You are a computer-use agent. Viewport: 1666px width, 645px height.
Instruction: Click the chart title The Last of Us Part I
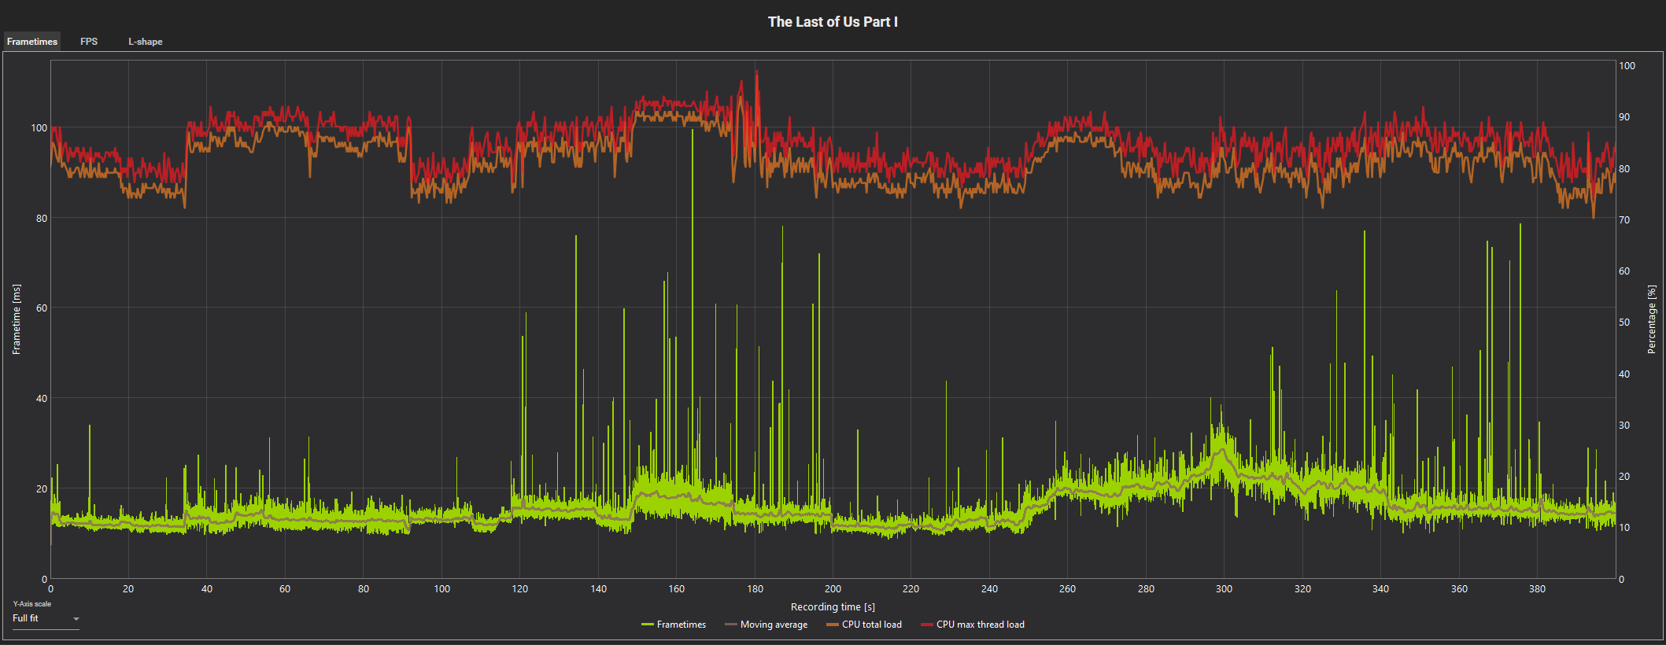tap(833, 22)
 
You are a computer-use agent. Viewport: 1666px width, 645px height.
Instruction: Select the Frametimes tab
tap(32, 42)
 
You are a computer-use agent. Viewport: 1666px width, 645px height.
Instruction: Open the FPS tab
tap(89, 42)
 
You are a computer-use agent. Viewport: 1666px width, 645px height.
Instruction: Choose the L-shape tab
tap(146, 42)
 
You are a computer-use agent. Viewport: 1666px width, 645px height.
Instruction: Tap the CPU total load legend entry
tap(864, 625)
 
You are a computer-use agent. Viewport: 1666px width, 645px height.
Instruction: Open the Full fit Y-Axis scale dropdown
tap(46, 619)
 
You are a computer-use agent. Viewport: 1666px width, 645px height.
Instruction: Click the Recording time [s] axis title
tap(833, 606)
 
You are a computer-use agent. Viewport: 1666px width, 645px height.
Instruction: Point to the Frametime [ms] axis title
tap(17, 319)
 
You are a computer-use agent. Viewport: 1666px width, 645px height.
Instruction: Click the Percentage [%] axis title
tap(1652, 319)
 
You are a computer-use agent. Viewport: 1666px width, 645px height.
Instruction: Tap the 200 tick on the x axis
tap(833, 588)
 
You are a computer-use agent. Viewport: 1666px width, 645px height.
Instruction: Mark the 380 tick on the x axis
tap(1537, 588)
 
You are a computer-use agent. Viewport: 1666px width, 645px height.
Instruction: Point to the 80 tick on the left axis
tap(41, 219)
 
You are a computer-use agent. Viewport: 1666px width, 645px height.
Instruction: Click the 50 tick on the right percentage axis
tap(1624, 322)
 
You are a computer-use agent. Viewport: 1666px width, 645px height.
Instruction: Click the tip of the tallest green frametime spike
tap(693, 130)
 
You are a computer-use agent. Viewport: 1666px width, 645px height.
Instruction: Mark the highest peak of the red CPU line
tap(757, 72)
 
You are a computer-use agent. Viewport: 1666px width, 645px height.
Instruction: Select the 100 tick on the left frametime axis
tap(39, 128)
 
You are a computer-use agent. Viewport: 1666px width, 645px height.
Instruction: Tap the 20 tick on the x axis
tap(128, 588)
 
